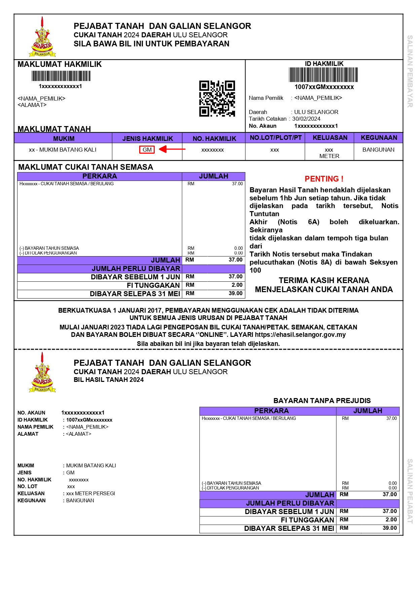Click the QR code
pyautogui.click(x=217, y=99)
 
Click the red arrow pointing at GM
pyautogui.click(x=172, y=149)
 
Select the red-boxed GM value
pyautogui.click(x=147, y=150)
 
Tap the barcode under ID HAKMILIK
pyautogui.click(x=323, y=75)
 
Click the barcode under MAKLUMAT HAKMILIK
pyautogui.click(x=61, y=76)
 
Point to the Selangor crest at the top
pyautogui.click(x=42, y=37)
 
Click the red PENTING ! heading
pyautogui.click(x=324, y=179)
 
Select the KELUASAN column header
pyautogui.click(x=330, y=137)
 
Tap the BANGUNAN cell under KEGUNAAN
pyautogui.click(x=378, y=150)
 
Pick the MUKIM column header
pyautogui.click(x=64, y=139)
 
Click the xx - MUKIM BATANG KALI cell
pyautogui.click(x=63, y=150)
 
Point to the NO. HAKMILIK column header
pyautogui.click(x=214, y=139)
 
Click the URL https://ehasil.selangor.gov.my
pyautogui.click(x=300, y=335)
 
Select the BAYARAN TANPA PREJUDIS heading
pyautogui.click(x=322, y=400)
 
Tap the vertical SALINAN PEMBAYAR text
pyautogui.click(x=410, y=71)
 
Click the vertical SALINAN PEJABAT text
pyautogui.click(x=410, y=491)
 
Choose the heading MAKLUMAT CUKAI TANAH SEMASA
pyautogui.click(x=85, y=167)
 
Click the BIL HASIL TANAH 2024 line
pyautogui.click(x=109, y=380)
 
